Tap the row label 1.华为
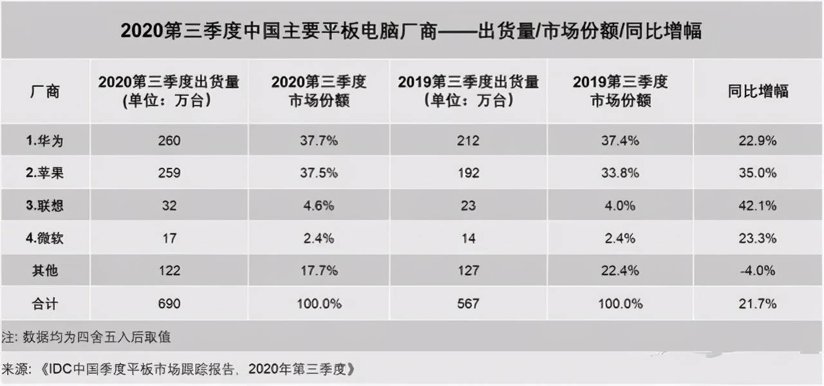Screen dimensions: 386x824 point(44,140)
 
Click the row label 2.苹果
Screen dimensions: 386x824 point(44,173)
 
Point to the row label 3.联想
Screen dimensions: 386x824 point(44,206)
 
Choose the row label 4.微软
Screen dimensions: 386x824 point(44,238)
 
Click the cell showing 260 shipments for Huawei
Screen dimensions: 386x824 point(169,140)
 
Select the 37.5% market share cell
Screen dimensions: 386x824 point(319,173)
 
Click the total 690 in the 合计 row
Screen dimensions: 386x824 point(169,304)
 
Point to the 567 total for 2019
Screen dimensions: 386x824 point(468,304)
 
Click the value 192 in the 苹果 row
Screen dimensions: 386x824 point(468,173)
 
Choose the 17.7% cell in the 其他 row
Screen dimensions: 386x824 point(319,271)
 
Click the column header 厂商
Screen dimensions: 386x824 point(44,91)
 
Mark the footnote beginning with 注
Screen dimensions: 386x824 point(86,337)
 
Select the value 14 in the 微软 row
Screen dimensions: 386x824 point(468,238)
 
